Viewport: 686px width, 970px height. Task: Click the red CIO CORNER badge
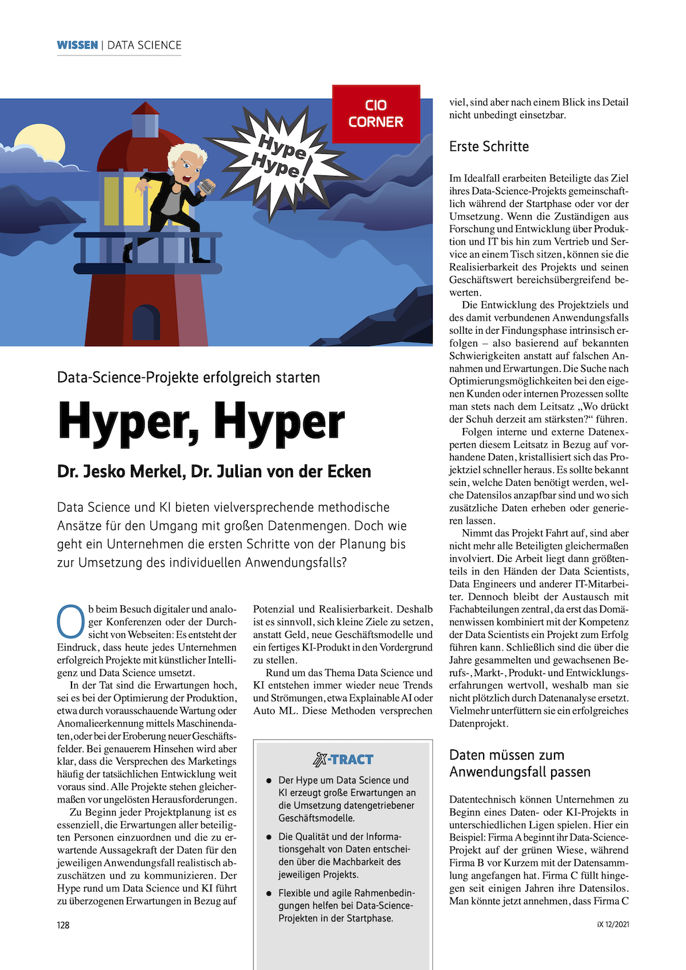pos(376,114)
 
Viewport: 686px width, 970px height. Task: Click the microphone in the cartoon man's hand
pos(206,186)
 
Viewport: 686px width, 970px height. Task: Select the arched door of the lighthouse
pos(146,323)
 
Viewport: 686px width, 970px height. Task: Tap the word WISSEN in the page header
pos(77,45)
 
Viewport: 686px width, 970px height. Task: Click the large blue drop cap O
pos(71,621)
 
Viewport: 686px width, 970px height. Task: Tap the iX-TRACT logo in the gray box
pos(342,760)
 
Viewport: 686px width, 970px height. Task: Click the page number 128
pos(63,925)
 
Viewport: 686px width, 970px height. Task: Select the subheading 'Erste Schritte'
pos(489,146)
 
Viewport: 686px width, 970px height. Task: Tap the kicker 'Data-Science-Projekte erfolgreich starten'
pos(189,377)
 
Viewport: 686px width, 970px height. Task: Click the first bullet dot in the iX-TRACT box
pos(269,780)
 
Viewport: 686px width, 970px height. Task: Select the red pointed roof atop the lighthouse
pos(146,108)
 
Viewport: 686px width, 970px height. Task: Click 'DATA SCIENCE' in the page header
pos(144,45)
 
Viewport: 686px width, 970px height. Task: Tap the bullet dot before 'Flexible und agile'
pos(269,893)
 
